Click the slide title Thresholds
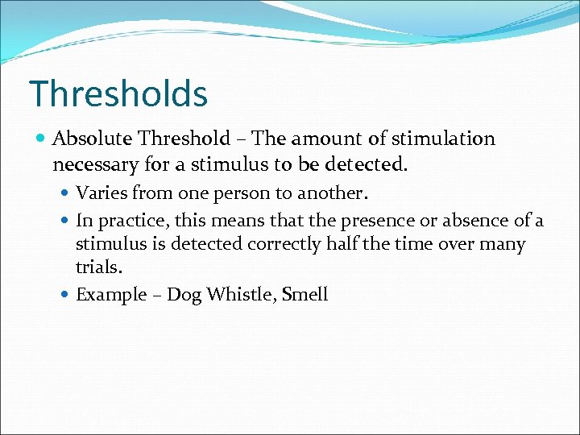click(118, 93)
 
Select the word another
click(332, 193)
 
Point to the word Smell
click(305, 294)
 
